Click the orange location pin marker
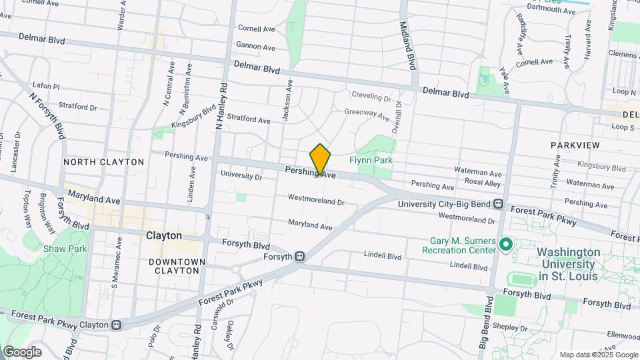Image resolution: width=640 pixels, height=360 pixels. pyautogui.click(x=320, y=159)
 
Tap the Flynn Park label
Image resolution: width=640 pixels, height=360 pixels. pyautogui.click(x=371, y=160)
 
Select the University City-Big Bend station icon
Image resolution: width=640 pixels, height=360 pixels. pyautogui.click(x=498, y=204)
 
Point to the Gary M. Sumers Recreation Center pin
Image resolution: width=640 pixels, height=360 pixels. pyautogui.click(x=505, y=245)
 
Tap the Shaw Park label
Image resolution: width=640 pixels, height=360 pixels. pyautogui.click(x=56, y=249)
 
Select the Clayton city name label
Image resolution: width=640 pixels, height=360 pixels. pyautogui.click(x=163, y=235)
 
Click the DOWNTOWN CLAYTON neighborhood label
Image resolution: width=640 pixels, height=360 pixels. pyautogui.click(x=177, y=266)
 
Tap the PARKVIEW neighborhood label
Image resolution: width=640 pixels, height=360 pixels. pyautogui.click(x=575, y=145)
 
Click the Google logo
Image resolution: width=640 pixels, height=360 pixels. pyautogui.click(x=22, y=351)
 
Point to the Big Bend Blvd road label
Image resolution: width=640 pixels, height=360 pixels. pyautogui.click(x=486, y=322)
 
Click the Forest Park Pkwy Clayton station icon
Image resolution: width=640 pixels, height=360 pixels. pyautogui.click(x=117, y=325)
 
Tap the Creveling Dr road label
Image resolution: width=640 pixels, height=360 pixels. pyautogui.click(x=370, y=96)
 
